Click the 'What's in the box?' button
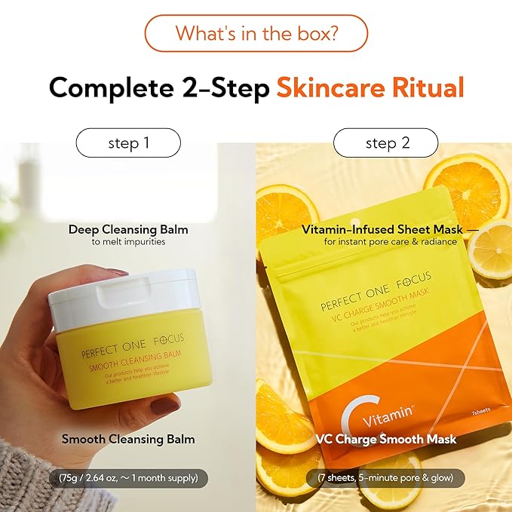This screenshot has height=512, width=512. click(x=256, y=33)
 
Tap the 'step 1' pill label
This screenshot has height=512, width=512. click(x=128, y=143)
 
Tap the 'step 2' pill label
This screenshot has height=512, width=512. click(x=385, y=143)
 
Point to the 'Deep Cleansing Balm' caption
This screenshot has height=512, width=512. click(x=128, y=229)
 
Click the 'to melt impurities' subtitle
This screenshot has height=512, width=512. click(x=128, y=242)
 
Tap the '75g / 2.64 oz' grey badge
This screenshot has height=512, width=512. click(x=128, y=478)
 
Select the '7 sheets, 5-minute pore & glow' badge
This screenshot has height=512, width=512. click(x=385, y=478)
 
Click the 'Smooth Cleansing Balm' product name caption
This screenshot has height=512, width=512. click(x=128, y=439)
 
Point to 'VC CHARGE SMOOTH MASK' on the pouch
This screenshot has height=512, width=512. click(x=377, y=319)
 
